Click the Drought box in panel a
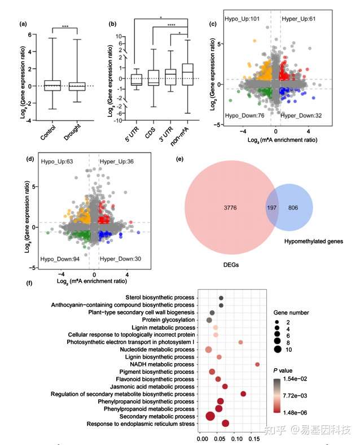[x=77, y=86]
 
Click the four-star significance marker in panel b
[x=171, y=24]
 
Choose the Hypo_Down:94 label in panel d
[x=58, y=259]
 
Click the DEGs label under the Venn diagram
[x=230, y=265]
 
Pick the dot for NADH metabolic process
[x=257, y=365]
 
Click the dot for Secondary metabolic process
[x=210, y=416]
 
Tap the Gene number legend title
[x=293, y=312]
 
